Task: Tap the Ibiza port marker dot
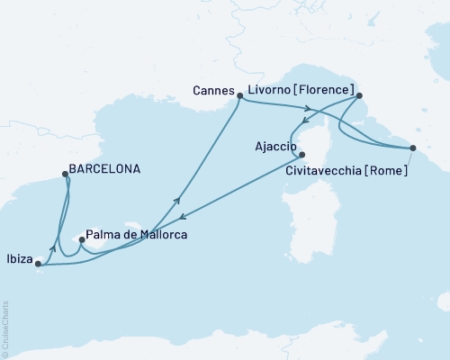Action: point(37,264)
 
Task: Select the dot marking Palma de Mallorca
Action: point(82,240)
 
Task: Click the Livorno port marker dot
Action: point(359,94)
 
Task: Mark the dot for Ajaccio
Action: point(302,154)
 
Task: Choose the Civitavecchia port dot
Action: point(413,148)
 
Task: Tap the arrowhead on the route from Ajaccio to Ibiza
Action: point(183,217)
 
